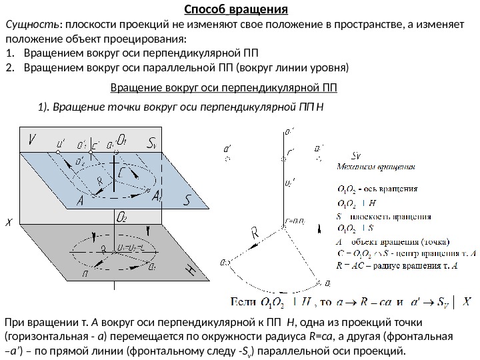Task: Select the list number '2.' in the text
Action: [x=9, y=67]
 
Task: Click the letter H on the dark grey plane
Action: [x=189, y=269]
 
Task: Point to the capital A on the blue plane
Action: [x=80, y=200]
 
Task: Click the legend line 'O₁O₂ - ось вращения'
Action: [x=378, y=188]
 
